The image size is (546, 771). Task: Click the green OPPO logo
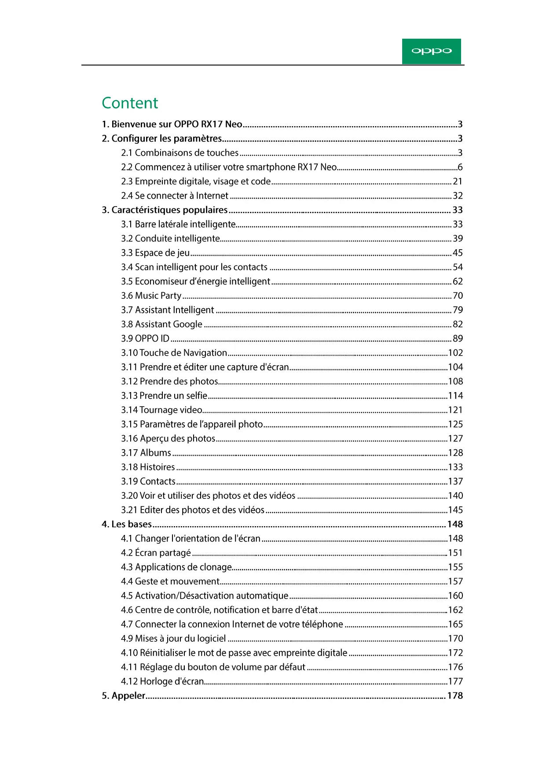pyautogui.click(x=431, y=51)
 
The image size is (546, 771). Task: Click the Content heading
pyautogui.click(x=130, y=103)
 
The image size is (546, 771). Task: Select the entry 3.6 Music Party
pyautogui.click(x=151, y=296)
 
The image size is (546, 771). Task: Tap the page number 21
pyautogui.click(x=458, y=182)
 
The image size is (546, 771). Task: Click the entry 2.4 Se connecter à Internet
pyautogui.click(x=175, y=196)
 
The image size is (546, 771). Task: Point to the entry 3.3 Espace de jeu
pyautogui.click(x=155, y=253)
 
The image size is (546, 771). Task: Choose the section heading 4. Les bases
pyautogui.click(x=127, y=524)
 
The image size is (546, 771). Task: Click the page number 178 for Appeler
pyautogui.click(x=455, y=696)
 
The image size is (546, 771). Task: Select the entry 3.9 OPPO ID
pyautogui.click(x=145, y=338)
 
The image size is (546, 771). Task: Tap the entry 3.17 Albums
pyautogui.click(x=146, y=453)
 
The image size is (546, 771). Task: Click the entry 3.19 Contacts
pyautogui.click(x=148, y=481)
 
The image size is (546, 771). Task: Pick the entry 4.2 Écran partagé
pyautogui.click(x=156, y=553)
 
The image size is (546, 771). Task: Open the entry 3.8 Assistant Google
pyautogui.click(x=161, y=324)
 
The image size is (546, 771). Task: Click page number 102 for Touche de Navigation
pyautogui.click(x=455, y=353)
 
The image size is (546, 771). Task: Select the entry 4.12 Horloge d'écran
pyautogui.click(x=162, y=681)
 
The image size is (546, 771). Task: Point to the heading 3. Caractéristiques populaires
pyautogui.click(x=165, y=210)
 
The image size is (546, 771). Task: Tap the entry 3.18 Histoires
pyautogui.click(x=148, y=467)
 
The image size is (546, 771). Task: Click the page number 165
pyautogui.click(x=455, y=624)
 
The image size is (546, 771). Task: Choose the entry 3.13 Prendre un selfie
pyautogui.click(x=164, y=396)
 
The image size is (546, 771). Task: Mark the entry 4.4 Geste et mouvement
pyautogui.click(x=170, y=582)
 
